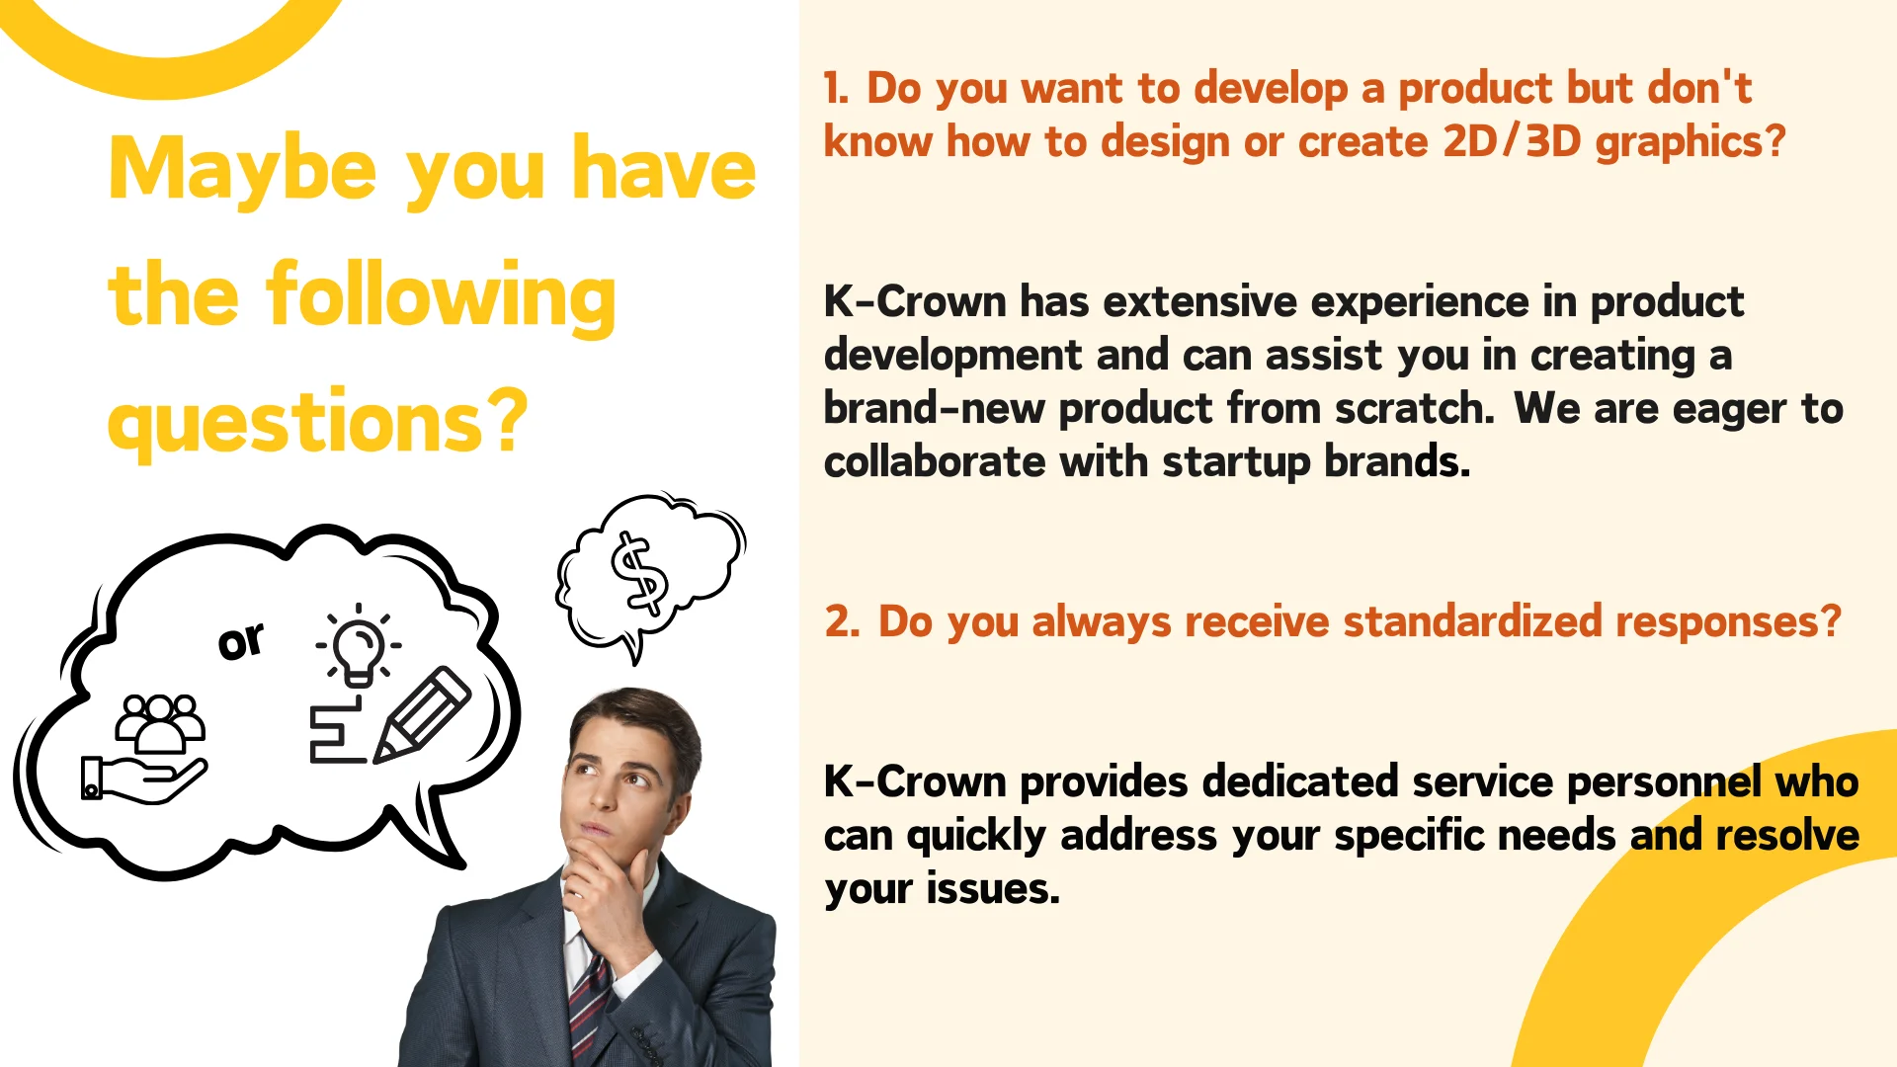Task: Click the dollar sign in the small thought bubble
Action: pyautogui.click(x=639, y=573)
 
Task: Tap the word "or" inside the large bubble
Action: pyautogui.click(x=241, y=640)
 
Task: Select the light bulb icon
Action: pyautogui.click(x=358, y=645)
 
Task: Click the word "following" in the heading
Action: pyautogui.click(x=441, y=296)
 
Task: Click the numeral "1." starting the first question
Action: pyautogui.click(x=836, y=88)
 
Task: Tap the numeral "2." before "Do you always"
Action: pyautogui.click(x=843, y=621)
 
